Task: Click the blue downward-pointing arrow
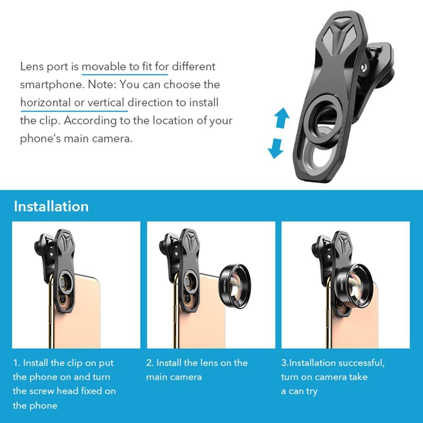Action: tap(276, 148)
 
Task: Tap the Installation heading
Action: tap(51, 206)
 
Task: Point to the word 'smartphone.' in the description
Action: tap(52, 84)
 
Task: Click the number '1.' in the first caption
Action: tap(16, 363)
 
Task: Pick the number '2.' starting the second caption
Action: tap(150, 363)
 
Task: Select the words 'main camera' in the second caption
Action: tap(174, 377)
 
